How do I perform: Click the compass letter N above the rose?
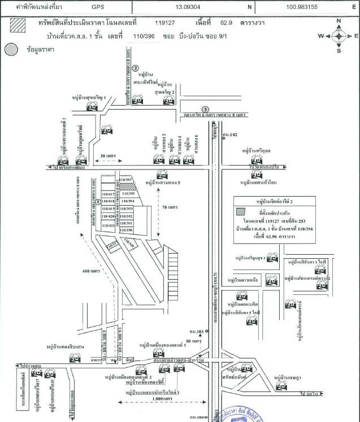(339, 21)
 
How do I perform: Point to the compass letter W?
(320, 36)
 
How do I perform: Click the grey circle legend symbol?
(11, 50)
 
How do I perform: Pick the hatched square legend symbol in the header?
(18, 25)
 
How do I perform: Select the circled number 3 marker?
(206, 109)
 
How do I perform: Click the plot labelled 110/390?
(126, 230)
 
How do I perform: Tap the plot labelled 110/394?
(126, 201)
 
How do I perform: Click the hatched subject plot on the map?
(127, 186)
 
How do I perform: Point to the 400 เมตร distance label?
(91, 271)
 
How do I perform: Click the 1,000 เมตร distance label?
(163, 399)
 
